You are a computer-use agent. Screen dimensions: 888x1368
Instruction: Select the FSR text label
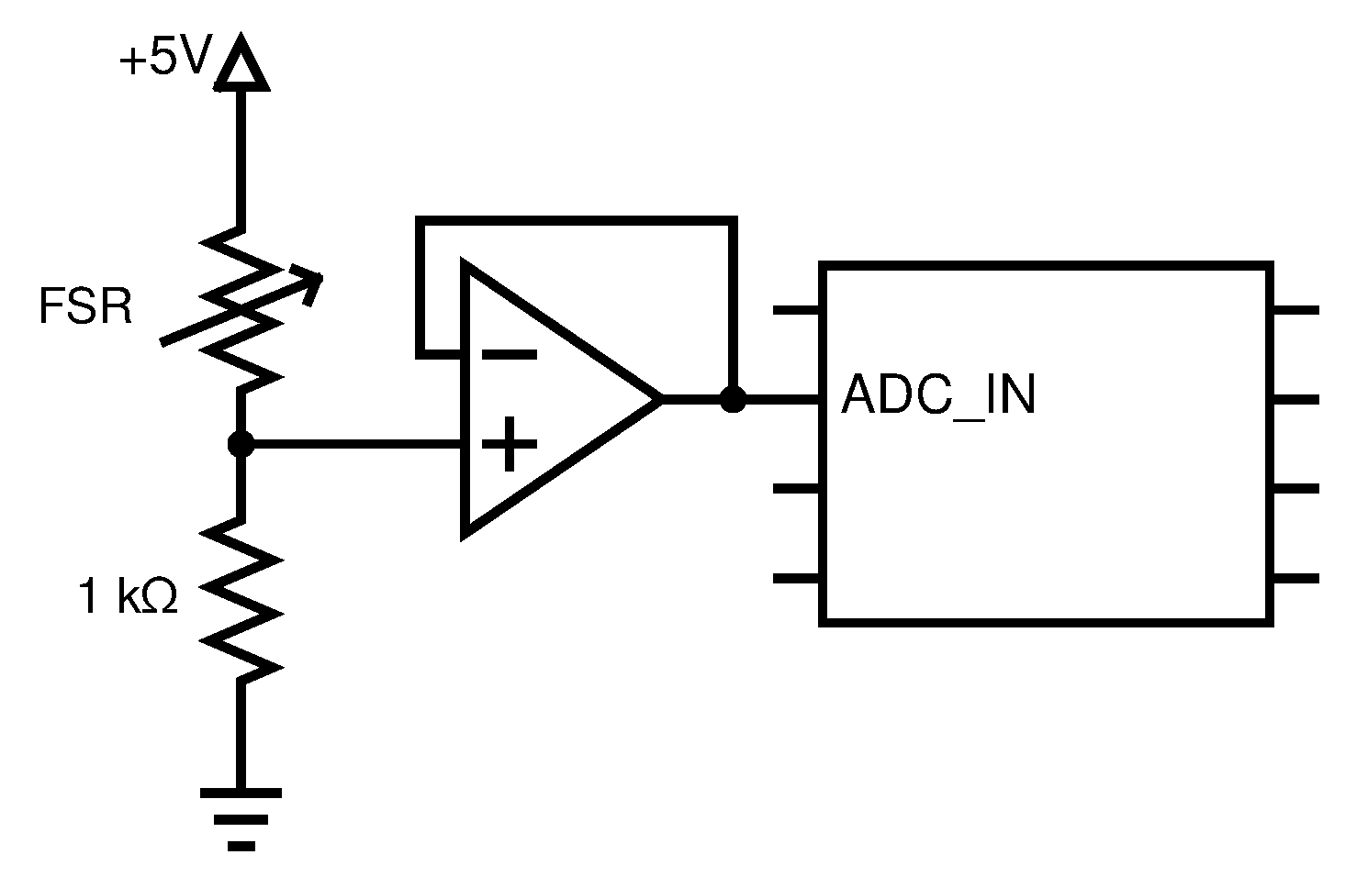85,307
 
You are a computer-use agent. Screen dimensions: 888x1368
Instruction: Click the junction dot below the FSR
241,445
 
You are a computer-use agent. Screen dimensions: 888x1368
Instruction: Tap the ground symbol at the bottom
241,817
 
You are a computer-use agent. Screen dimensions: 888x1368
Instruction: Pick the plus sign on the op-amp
509,444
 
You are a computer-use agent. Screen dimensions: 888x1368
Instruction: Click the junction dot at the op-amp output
732,400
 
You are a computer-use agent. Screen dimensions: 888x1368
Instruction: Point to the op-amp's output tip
658,400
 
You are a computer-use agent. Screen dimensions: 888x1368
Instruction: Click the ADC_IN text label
938,395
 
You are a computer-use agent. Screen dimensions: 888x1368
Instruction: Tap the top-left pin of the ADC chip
797,311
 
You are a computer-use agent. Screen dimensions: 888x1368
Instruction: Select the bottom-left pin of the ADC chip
797,579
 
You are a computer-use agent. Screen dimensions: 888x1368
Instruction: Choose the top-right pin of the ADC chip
1295,311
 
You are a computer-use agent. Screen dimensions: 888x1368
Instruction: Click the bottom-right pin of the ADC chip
1295,579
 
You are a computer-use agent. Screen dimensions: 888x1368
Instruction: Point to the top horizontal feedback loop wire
577,219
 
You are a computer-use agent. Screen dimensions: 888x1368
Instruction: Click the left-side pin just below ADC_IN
797,490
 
